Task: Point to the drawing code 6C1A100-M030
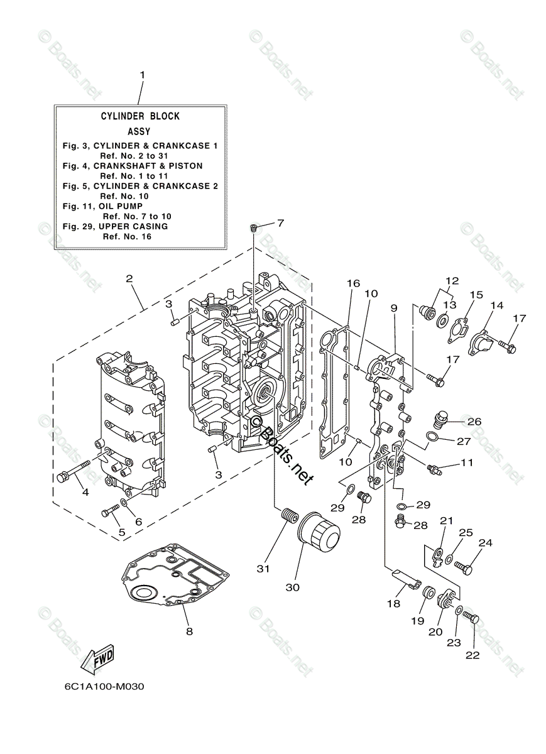tap(104, 686)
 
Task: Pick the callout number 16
tap(353, 283)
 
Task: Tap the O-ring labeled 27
tap(434, 437)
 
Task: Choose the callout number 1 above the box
tap(142, 75)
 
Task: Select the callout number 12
tap(452, 281)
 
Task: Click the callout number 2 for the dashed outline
tap(129, 278)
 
